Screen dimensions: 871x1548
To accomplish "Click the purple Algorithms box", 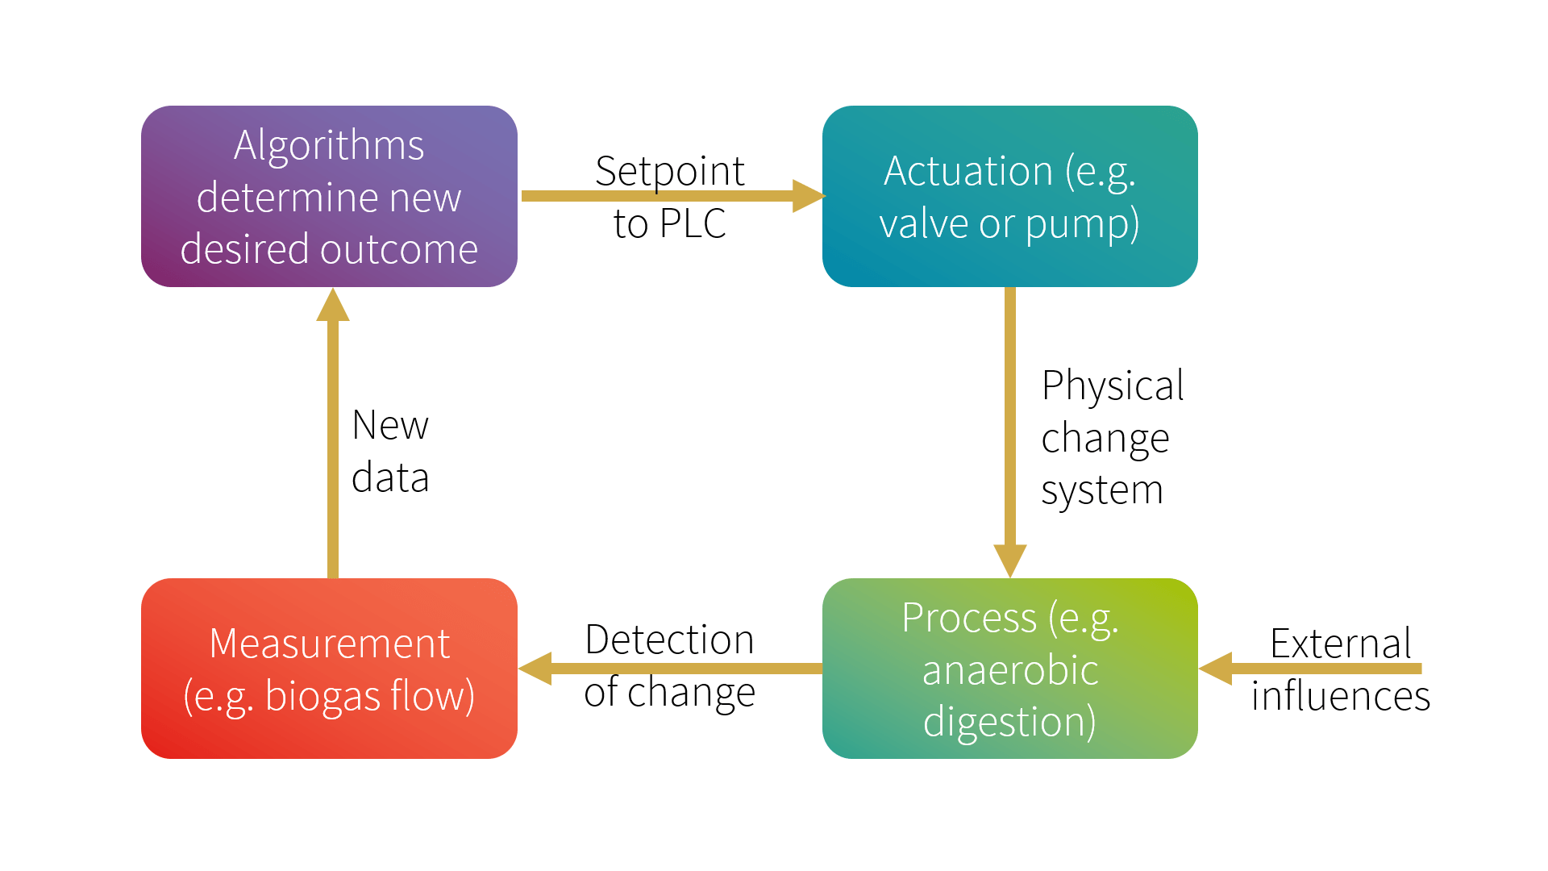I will click(x=329, y=196).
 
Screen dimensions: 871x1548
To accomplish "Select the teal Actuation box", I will click(x=1009, y=196).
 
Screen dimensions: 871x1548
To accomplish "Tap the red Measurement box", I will click(x=329, y=669).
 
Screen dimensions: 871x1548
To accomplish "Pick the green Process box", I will click(x=1009, y=669).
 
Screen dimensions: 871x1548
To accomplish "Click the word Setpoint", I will click(x=669, y=171).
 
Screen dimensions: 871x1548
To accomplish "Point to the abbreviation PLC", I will click(x=693, y=223).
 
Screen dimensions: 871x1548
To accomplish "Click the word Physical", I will click(x=1113, y=385).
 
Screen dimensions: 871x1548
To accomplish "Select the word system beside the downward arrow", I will click(x=1101, y=490).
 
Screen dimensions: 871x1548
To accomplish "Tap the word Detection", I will click(x=669, y=640).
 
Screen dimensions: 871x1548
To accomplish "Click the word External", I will click(x=1340, y=644).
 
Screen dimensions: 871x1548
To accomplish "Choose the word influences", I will click(x=1340, y=696).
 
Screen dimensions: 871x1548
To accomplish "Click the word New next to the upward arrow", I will click(x=390, y=425).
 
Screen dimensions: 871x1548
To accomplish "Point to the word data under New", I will click(x=390, y=477).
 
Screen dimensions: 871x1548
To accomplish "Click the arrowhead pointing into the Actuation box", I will click(x=808, y=196).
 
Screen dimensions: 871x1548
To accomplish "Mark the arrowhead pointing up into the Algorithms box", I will click(x=333, y=306).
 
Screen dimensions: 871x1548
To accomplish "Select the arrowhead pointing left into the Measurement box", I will click(x=535, y=669).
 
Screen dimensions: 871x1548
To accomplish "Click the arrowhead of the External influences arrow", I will click(x=1216, y=669).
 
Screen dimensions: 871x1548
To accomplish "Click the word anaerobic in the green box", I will click(x=1009, y=670).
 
